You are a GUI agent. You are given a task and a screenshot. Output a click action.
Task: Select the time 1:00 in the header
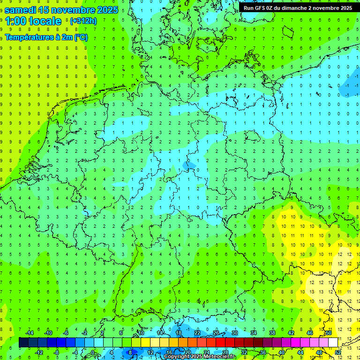click(x=15, y=21)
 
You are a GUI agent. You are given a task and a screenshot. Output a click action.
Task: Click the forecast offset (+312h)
click(x=83, y=21)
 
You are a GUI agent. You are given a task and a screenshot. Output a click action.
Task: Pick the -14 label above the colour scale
click(x=30, y=333)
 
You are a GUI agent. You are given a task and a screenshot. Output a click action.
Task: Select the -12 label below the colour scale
click(x=39, y=352)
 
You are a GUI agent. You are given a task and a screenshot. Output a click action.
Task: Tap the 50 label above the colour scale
click(x=329, y=333)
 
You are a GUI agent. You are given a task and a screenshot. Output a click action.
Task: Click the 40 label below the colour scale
click(x=282, y=352)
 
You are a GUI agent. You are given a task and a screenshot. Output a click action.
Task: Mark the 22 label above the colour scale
click(x=197, y=333)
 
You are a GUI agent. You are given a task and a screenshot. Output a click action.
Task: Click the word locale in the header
click(x=45, y=21)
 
